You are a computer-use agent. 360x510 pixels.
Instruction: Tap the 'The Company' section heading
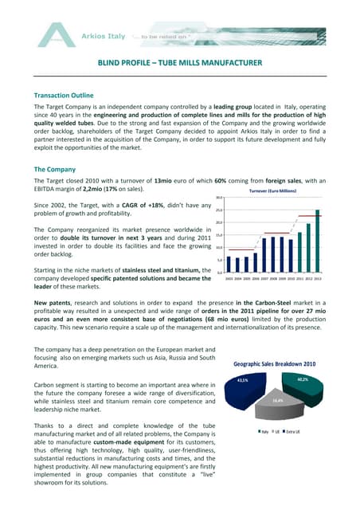click(55, 170)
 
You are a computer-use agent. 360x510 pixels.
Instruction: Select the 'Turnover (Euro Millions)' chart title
click(274, 192)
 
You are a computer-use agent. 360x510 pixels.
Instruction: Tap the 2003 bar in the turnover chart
click(229, 264)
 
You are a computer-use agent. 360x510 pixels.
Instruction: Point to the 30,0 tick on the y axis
click(218, 197)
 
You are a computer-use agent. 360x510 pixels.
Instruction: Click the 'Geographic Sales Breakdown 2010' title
click(274, 364)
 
